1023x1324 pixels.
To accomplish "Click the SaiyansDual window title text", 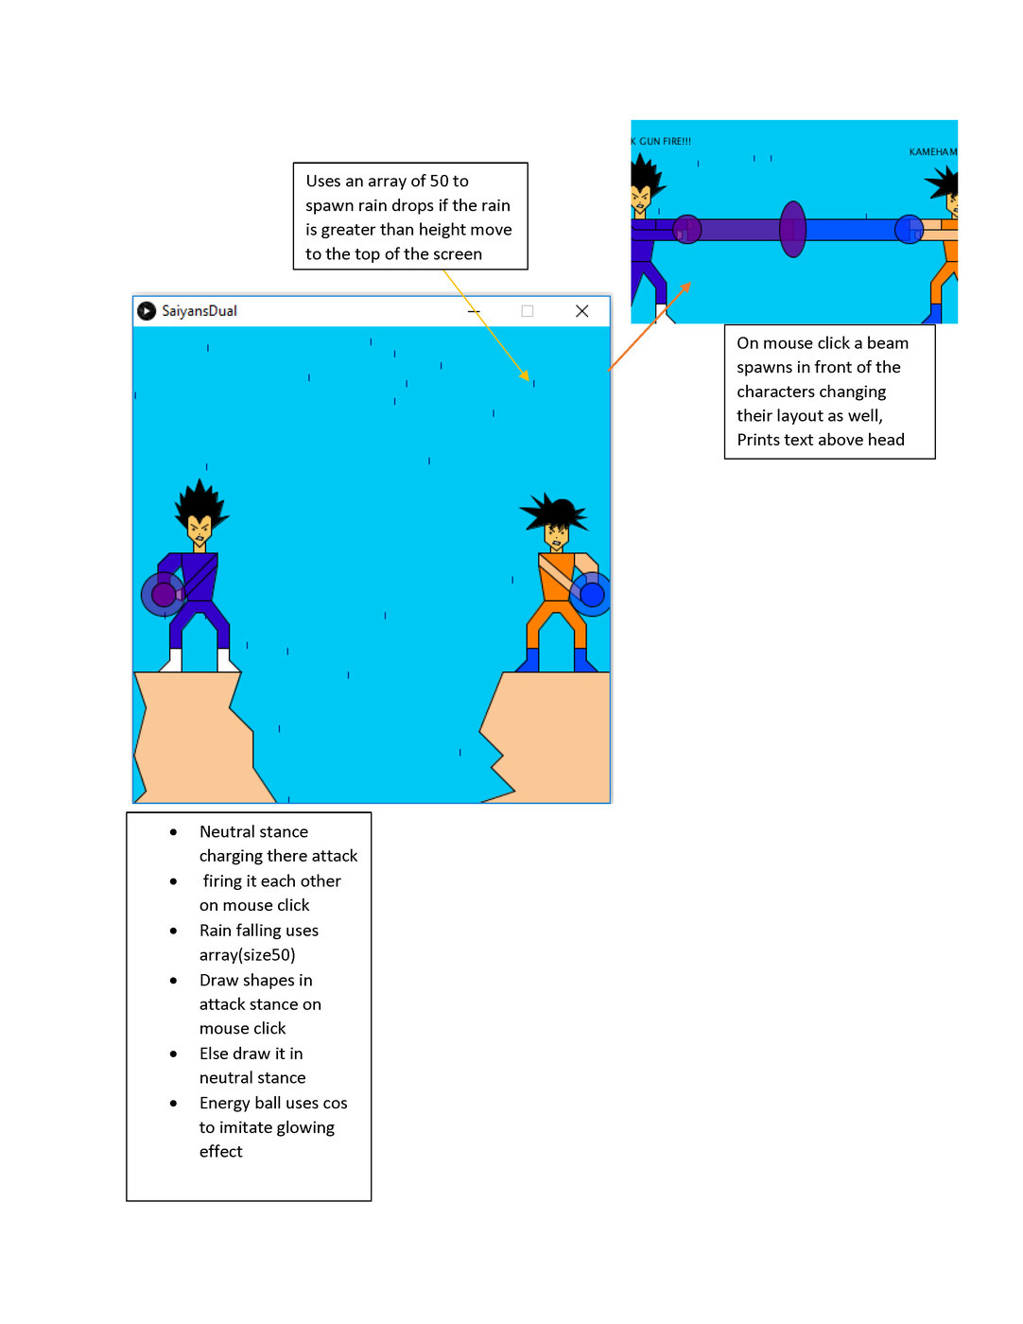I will (199, 311).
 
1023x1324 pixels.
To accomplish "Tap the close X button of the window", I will (582, 311).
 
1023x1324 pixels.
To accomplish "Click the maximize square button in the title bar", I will (528, 311).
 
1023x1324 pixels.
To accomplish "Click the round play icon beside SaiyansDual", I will (147, 311).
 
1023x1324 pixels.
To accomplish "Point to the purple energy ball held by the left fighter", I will (164, 594).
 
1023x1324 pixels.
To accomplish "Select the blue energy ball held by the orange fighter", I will (592, 594).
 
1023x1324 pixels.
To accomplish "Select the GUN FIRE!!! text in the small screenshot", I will (665, 142).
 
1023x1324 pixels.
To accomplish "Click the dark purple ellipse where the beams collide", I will (792, 229).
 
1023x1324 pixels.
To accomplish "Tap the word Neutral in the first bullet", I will (226, 832).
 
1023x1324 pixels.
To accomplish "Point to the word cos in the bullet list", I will (335, 1104).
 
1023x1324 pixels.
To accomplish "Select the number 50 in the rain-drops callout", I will (439, 182).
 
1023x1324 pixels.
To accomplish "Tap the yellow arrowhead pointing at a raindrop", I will (526, 376).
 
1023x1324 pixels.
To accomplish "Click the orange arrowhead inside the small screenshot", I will (686, 286).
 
